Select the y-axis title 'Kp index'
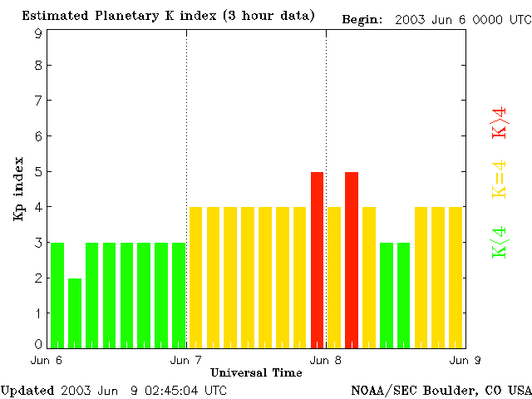click(x=18, y=189)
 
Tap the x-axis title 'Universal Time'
click(x=256, y=372)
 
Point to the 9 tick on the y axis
click(x=38, y=34)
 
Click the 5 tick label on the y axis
click(x=38, y=172)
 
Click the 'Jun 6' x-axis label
click(x=47, y=360)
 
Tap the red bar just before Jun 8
click(x=317, y=259)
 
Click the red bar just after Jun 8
click(x=352, y=259)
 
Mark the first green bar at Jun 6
click(x=57, y=295)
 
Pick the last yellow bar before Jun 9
click(x=456, y=277)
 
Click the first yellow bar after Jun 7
click(x=196, y=277)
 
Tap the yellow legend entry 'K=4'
click(x=500, y=180)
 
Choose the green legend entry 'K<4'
click(x=500, y=243)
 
